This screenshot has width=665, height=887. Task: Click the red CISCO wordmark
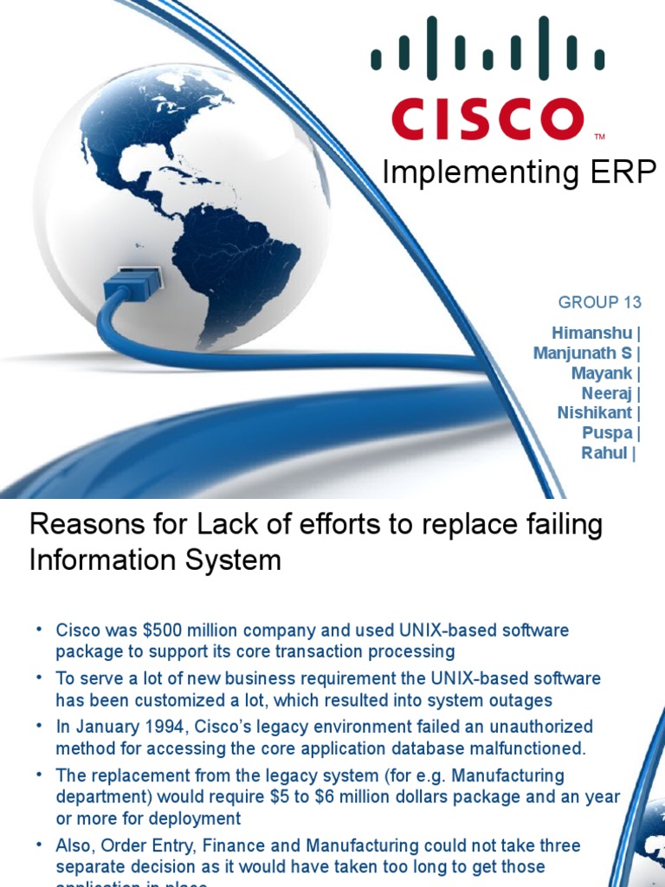(487, 119)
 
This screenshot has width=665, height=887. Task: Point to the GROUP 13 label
(600, 302)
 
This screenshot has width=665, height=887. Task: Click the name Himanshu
(591, 333)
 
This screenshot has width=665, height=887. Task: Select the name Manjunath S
(583, 353)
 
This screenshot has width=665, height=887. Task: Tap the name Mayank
(602, 373)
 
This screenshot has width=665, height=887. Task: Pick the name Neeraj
(607, 393)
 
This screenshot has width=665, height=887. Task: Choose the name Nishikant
(595, 413)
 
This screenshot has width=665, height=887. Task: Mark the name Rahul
(604, 453)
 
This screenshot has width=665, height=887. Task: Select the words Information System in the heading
(155, 560)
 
